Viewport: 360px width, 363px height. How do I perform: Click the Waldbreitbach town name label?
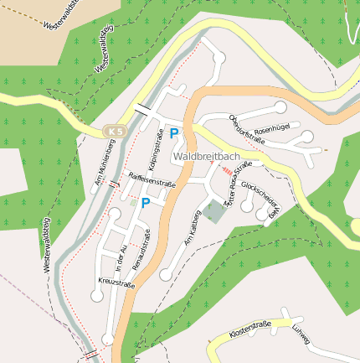coord(207,157)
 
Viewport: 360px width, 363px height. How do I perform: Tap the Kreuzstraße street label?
coord(116,283)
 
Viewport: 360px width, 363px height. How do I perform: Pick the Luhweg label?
coord(301,333)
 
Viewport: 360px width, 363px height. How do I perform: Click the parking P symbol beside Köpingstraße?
coord(174,132)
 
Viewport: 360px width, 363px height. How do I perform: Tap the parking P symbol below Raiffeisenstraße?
coord(145,202)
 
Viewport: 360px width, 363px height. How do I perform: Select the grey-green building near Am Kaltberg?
coord(215,210)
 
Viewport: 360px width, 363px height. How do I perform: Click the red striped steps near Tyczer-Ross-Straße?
coord(227,171)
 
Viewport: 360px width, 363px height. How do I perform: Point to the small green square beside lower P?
coord(132,202)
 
